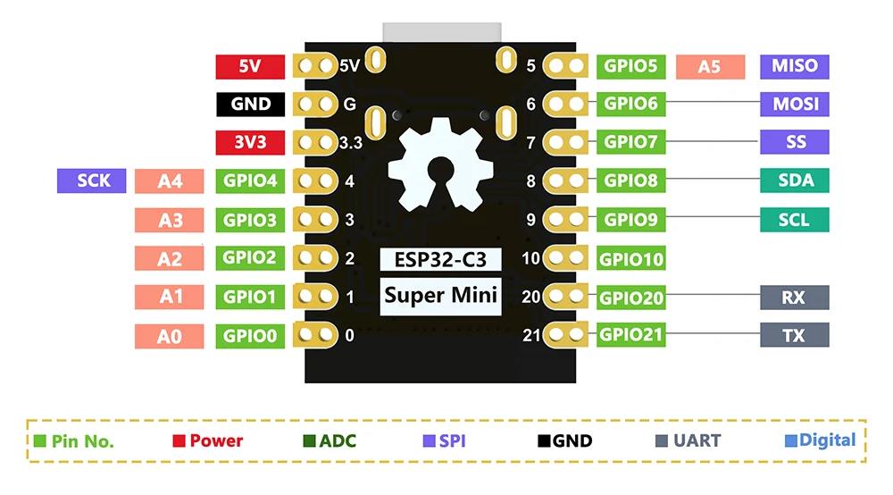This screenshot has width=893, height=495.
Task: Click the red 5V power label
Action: [250, 66]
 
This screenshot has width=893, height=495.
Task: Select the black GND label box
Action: [250, 104]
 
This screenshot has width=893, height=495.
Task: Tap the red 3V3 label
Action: [250, 142]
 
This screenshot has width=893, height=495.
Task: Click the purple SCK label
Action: [93, 180]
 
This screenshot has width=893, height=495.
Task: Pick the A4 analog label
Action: [170, 181]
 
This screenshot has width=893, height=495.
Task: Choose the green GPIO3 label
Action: [250, 220]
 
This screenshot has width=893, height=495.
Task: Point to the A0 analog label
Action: [170, 337]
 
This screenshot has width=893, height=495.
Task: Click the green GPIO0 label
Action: [250, 337]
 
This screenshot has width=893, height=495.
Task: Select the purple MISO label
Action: [795, 66]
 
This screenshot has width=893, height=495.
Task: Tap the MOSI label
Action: [795, 104]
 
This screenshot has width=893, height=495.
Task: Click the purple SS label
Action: [795, 142]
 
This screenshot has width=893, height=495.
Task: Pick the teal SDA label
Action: [795, 180]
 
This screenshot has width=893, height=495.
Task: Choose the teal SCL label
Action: [795, 220]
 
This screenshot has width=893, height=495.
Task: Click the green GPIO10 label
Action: [630, 260]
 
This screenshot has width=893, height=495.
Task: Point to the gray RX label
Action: [794, 298]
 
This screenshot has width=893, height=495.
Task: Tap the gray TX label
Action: [794, 336]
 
